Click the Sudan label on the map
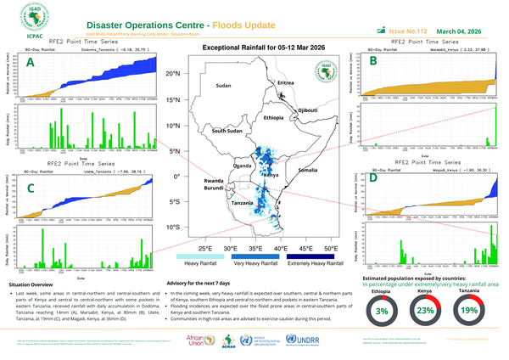click(x=223, y=87)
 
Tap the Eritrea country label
click(x=290, y=82)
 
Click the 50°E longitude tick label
click(x=330, y=248)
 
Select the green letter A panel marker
click(x=31, y=63)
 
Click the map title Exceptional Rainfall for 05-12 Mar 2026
click(x=255, y=48)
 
